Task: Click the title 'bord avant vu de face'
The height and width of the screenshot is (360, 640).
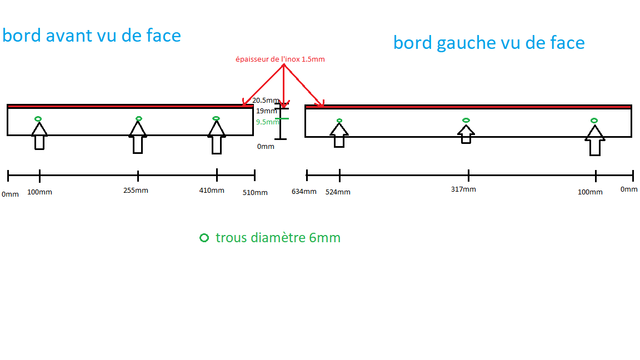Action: tap(92, 36)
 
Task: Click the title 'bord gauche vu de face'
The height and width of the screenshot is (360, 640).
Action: tap(489, 42)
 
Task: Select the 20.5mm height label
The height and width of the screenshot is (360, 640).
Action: tap(266, 101)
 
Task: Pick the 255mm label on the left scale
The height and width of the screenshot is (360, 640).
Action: tap(136, 191)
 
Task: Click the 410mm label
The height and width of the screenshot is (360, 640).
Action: tap(212, 191)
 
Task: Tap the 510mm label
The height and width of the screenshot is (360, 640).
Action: tap(255, 193)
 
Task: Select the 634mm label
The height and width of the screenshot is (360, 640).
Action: tap(304, 192)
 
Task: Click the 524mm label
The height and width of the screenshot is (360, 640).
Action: tap(338, 192)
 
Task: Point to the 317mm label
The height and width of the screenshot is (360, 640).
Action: tap(463, 189)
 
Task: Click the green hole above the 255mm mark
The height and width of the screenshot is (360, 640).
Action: tap(138, 118)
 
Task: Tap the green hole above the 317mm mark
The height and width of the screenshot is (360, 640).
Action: tap(466, 120)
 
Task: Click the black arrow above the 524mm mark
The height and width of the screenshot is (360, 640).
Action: tap(339, 134)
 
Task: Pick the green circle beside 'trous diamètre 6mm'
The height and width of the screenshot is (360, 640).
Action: tap(204, 238)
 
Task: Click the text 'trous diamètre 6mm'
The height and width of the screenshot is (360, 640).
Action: tap(278, 238)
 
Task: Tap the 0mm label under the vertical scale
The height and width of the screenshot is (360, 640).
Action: tap(266, 147)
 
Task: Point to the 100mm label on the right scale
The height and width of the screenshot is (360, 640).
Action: tap(590, 192)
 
